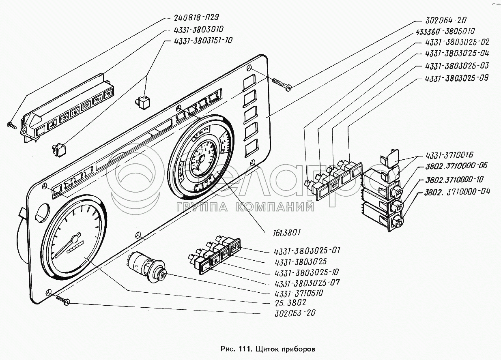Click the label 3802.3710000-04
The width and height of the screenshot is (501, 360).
[456, 191]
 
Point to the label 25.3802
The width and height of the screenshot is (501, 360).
[290, 303]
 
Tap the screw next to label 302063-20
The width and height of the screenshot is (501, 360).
[63, 300]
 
